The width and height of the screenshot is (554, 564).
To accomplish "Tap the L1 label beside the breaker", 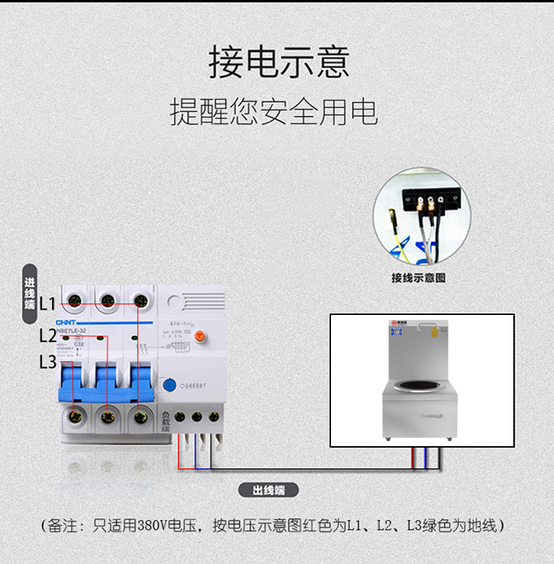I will (x=47, y=304).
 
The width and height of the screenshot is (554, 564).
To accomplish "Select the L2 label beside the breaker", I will (x=47, y=335).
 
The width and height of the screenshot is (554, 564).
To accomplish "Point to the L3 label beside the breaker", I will (x=47, y=362).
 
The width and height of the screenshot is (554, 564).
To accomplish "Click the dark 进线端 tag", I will (x=29, y=294).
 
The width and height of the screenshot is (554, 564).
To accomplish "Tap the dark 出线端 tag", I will (x=269, y=490).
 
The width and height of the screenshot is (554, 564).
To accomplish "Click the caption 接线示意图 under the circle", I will (x=419, y=278).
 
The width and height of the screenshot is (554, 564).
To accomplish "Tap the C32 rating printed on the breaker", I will (x=79, y=344).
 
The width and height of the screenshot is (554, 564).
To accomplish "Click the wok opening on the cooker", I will (x=420, y=385).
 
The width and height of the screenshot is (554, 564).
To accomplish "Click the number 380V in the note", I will (x=153, y=525).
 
